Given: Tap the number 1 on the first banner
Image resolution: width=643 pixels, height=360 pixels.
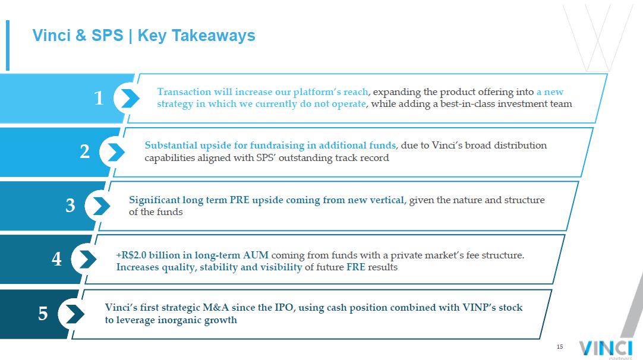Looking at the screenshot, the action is click(99, 98).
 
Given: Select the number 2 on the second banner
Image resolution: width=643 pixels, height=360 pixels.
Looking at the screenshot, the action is click(85, 151).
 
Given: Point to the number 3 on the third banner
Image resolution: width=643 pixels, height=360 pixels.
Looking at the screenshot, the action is click(71, 205).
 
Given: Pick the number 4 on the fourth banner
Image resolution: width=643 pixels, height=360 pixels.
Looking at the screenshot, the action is click(56, 259).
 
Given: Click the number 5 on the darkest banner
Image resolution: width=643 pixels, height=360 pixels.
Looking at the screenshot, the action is click(43, 314).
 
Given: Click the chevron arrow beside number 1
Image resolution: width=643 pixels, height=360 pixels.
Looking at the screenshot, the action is click(130, 99).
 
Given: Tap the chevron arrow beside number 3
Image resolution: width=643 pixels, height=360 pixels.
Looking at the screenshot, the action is click(101, 206).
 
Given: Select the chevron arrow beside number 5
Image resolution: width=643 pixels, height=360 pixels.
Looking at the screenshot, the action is click(75, 314).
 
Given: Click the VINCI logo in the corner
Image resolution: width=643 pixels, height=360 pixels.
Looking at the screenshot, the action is click(606, 349).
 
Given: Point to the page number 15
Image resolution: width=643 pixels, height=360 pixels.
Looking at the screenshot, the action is click(560, 346).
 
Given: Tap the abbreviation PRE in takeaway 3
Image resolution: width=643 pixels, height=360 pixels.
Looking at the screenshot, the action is click(239, 200).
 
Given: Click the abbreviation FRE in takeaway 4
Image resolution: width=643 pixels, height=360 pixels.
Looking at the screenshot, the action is click(356, 267).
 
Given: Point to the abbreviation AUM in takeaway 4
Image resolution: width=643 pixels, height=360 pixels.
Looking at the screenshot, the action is click(256, 255).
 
